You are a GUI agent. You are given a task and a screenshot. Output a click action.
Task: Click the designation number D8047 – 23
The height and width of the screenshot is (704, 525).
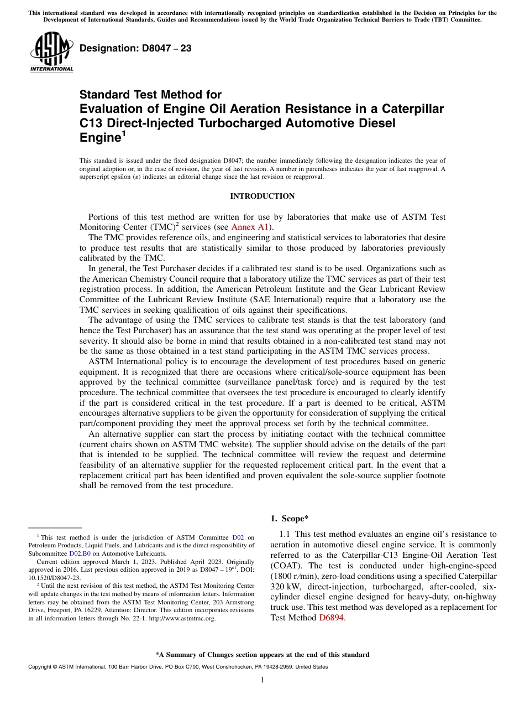[x=135, y=49]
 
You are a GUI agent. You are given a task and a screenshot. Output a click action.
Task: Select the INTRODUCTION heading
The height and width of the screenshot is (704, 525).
[x=262, y=196]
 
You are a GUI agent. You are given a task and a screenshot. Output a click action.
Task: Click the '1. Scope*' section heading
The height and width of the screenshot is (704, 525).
[x=289, y=519]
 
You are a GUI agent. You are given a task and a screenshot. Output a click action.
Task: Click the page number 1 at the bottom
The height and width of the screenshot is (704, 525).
[x=262, y=680]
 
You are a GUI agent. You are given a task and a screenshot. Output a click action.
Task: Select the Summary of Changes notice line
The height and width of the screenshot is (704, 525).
[x=262, y=655]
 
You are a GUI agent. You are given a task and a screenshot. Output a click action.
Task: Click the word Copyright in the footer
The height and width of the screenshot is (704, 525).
[x=41, y=667]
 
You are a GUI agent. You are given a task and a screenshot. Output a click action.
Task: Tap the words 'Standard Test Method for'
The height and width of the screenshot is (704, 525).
[x=150, y=95]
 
